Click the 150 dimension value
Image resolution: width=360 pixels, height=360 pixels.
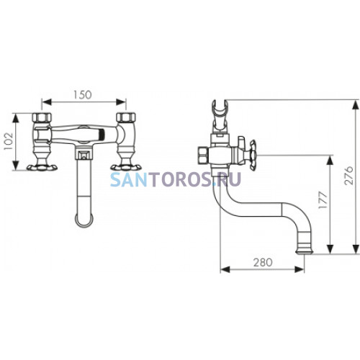coord(82,94)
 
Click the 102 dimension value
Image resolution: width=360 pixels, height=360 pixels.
coord(9,141)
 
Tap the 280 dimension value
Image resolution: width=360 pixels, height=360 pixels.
coord(263,262)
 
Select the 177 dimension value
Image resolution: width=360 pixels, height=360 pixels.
coord(323,199)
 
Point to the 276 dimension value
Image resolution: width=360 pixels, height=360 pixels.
coord(348,175)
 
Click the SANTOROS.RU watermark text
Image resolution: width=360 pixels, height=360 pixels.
coord(176,179)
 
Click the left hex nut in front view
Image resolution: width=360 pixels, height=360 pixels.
coord(42,117)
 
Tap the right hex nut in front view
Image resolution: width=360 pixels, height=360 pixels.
coord(126,117)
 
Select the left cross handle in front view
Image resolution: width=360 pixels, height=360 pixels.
coord(42,167)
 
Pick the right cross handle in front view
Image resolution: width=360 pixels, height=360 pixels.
coord(126,167)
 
